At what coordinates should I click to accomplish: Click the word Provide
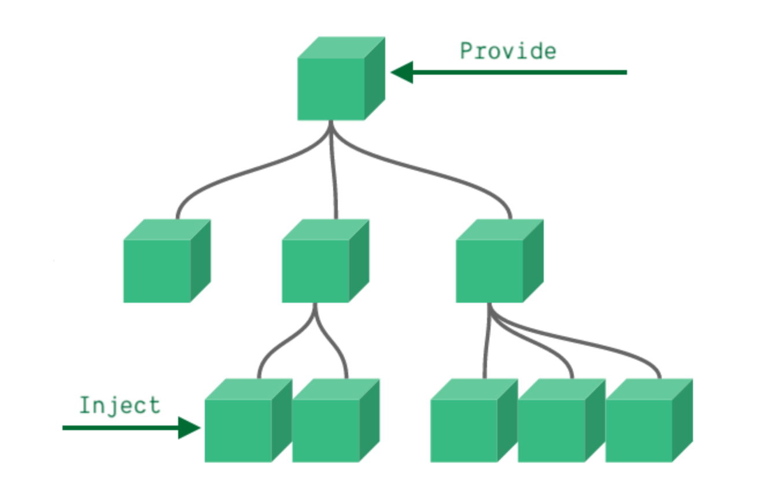508,51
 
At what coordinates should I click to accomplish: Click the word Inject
119,405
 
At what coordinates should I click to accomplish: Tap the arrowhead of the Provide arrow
402,72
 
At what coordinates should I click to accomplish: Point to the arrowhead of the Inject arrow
189,428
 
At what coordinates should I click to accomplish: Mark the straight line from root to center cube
333,174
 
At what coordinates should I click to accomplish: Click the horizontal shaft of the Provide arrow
521,72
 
